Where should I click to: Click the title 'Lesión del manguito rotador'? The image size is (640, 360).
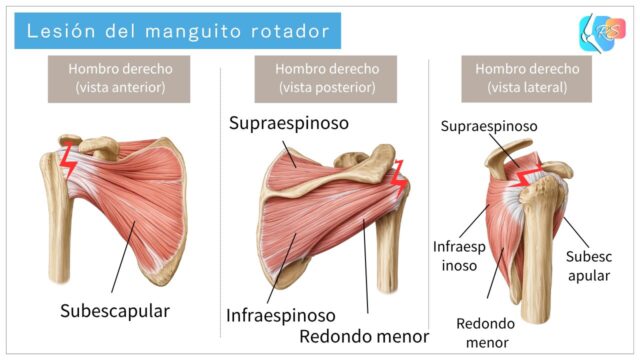(177, 31)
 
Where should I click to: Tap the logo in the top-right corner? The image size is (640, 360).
(600, 32)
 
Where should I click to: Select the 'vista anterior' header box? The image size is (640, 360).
(120, 78)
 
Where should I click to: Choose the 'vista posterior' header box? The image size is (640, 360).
(326, 78)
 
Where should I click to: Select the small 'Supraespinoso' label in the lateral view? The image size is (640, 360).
(489, 127)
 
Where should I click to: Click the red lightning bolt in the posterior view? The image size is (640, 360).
(401, 178)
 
